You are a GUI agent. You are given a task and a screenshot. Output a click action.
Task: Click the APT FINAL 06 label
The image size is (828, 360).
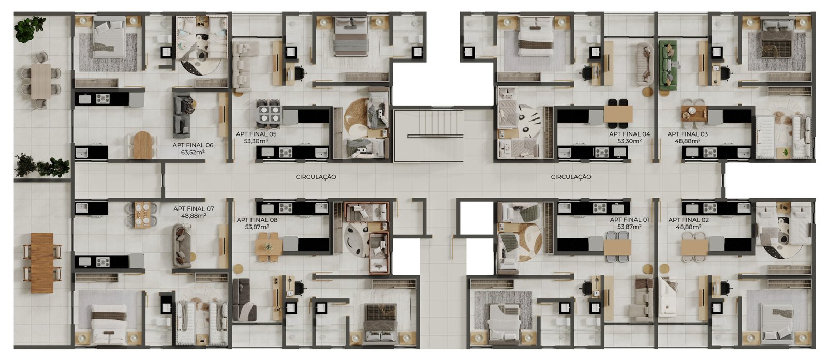[x=193, y=145]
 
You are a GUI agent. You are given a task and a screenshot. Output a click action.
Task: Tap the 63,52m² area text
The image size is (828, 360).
[x=193, y=152]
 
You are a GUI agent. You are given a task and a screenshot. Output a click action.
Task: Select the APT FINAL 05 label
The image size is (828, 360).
[x=256, y=134]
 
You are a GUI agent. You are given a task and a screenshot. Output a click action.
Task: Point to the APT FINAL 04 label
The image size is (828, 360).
[x=629, y=134]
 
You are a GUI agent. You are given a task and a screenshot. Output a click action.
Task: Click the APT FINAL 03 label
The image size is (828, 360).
[x=688, y=134]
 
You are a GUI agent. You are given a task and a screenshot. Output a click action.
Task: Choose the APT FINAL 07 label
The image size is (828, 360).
[x=194, y=209]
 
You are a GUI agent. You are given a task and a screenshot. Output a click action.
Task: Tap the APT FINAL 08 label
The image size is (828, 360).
[x=257, y=220]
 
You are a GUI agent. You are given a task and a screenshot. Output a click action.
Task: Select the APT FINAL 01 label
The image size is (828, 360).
[x=629, y=220]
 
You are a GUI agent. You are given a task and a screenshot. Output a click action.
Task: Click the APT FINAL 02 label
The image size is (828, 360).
[x=689, y=220]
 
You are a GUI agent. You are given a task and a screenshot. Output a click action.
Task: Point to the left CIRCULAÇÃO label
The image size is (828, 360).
[x=316, y=177]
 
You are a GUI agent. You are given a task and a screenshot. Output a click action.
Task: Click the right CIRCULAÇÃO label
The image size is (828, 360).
[x=571, y=177]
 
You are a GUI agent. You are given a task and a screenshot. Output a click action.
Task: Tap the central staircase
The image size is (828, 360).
[x=429, y=136]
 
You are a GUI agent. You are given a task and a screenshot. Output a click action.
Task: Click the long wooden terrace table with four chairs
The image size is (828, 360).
[x=42, y=263]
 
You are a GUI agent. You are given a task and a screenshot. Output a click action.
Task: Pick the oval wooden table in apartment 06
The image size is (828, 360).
[x=143, y=145]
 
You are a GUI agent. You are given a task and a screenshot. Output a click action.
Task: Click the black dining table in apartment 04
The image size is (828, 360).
[x=618, y=111]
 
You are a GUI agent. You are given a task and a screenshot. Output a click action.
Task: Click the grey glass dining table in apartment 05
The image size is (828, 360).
[x=269, y=114]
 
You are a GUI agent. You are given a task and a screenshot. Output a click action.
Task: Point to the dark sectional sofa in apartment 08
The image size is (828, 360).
[x=244, y=300]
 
